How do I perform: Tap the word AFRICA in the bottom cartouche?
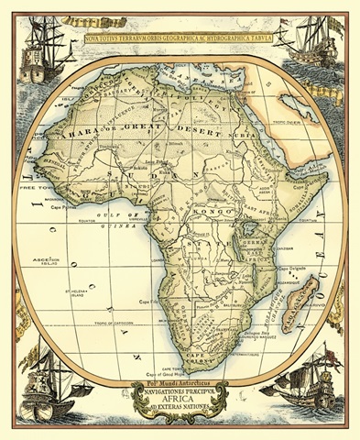180,400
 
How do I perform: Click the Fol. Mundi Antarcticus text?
180,379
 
